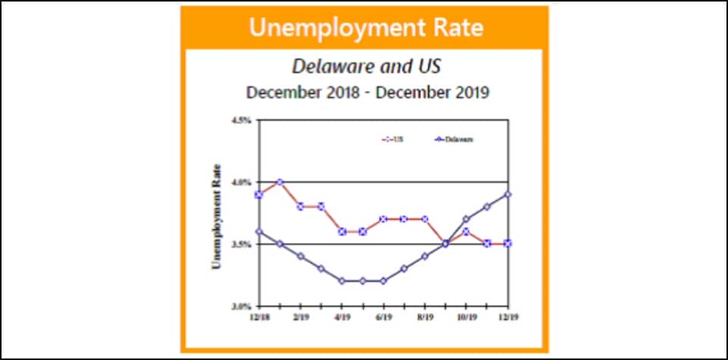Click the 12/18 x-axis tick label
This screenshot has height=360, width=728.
pyautogui.click(x=259, y=316)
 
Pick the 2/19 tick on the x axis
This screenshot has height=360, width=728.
pyautogui.click(x=300, y=316)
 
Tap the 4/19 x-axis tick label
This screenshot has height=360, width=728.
pyautogui.click(x=342, y=316)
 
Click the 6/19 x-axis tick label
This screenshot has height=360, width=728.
pyautogui.click(x=384, y=316)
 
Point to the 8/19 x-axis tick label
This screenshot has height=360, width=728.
pyautogui.click(x=425, y=316)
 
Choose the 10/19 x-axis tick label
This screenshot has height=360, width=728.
pyautogui.click(x=466, y=316)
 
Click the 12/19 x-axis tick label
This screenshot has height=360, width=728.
pyautogui.click(x=507, y=316)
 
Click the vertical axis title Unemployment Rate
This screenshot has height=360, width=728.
pyautogui.click(x=217, y=216)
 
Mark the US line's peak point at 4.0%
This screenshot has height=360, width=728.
pyautogui.click(x=280, y=182)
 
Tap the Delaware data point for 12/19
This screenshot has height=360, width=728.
pyautogui.click(x=507, y=194)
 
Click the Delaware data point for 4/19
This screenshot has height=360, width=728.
pyautogui.click(x=342, y=281)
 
